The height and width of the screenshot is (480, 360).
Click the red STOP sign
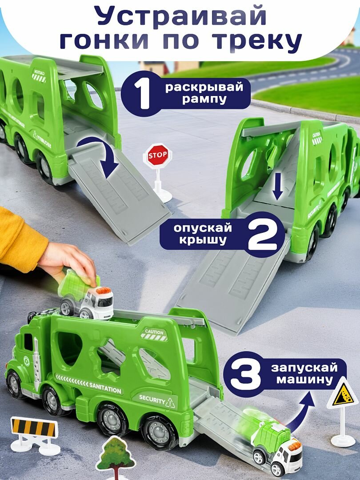(157, 155)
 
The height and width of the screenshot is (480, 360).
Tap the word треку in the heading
(258, 41)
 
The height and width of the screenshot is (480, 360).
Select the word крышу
(202, 240)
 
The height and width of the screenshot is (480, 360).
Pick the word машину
(304, 380)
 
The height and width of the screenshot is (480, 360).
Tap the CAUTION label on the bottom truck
(154, 332)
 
